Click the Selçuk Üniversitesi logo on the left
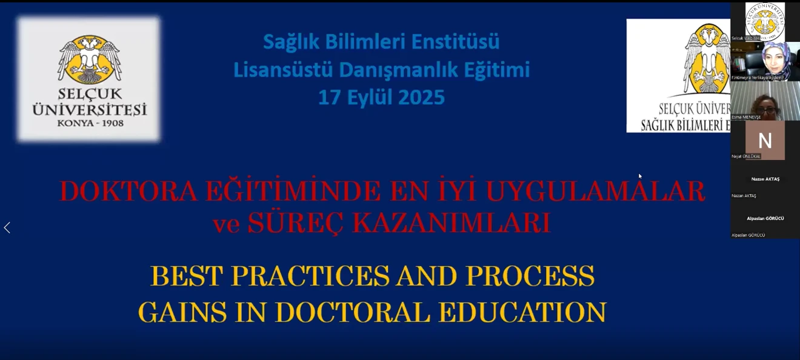coord(89,79)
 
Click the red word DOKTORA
coord(128,192)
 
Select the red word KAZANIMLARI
coord(451,224)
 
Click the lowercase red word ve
coord(227,224)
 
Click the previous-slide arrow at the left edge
coord(7,228)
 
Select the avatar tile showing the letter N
coord(765,141)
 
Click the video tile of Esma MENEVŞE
coord(765,101)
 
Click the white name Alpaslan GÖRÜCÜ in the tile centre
coord(765,218)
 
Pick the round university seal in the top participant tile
coord(765,21)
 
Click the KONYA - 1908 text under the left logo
coord(90,123)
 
